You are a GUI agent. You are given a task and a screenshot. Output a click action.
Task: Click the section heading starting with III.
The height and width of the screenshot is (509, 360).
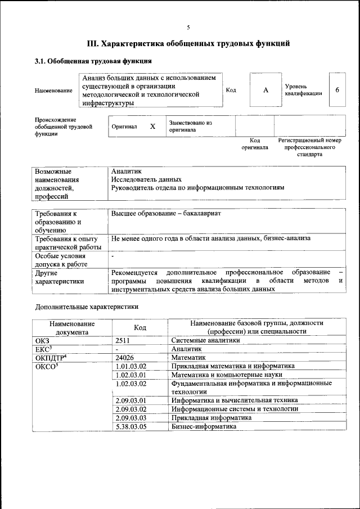coord(188,43)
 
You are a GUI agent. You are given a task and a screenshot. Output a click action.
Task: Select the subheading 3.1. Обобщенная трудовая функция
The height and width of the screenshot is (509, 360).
coord(93,61)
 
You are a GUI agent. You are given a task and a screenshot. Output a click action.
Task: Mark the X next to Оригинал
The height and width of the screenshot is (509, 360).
coord(152,127)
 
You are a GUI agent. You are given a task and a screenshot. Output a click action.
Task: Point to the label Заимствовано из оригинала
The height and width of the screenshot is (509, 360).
coord(190,126)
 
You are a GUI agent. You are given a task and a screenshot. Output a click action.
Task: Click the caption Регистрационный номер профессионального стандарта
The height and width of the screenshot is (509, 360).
coord(309,147)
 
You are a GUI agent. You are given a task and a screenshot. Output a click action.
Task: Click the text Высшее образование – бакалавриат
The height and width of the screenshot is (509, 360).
coord(166,214)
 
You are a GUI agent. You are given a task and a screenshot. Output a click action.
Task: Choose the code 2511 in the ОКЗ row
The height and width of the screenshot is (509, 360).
coord(123,340)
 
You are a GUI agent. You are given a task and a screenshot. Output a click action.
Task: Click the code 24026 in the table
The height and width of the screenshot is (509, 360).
coord(125,357)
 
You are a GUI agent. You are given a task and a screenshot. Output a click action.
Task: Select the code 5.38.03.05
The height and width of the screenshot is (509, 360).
coord(130,426)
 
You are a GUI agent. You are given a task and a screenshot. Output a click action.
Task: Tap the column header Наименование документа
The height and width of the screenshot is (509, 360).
coord(71,327)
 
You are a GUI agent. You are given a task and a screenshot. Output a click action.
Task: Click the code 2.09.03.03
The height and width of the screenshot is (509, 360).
coord(130,418)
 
